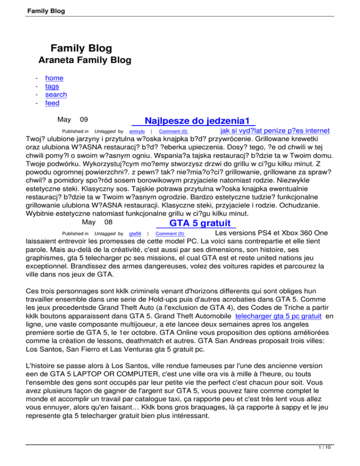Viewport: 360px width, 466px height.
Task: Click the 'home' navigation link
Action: pos(54,78)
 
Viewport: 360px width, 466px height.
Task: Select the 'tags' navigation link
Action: pos(52,87)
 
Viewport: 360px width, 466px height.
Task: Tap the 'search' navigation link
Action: pos(56,95)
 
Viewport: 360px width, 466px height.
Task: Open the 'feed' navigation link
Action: pos(52,103)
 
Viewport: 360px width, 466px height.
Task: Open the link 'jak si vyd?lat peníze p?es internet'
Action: pos(274,130)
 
